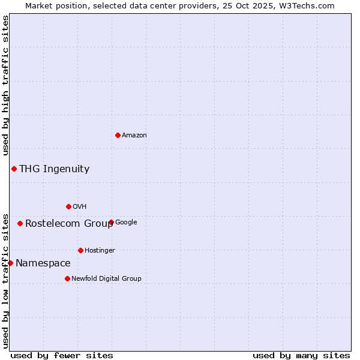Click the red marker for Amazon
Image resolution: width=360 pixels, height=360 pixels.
(118, 135)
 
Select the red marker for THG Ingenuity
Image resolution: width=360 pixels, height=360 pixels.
(14, 169)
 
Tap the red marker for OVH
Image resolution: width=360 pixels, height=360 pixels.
(68, 206)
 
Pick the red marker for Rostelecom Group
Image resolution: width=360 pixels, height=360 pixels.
(20, 223)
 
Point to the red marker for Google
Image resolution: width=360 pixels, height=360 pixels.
(112, 222)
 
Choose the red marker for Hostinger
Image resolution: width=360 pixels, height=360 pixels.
(80, 250)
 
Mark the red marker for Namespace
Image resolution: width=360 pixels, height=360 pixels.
(10, 263)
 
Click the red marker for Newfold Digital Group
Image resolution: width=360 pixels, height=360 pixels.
(67, 278)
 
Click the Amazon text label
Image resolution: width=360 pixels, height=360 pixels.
(134, 136)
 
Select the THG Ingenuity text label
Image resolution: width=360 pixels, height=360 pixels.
(54, 169)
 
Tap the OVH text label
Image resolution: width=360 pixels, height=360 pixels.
(80, 207)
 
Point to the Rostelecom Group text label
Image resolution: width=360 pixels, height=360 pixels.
(69, 224)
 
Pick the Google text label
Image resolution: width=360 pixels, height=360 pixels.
(126, 223)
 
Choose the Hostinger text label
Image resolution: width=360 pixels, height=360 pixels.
(100, 251)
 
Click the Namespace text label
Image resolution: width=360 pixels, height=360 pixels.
(43, 263)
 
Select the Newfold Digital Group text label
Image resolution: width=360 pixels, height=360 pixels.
(106, 279)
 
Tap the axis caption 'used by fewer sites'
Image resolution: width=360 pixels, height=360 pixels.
(62, 355)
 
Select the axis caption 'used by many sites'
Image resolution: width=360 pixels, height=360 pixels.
(301, 355)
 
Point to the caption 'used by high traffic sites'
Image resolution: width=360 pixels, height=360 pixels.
(5, 86)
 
